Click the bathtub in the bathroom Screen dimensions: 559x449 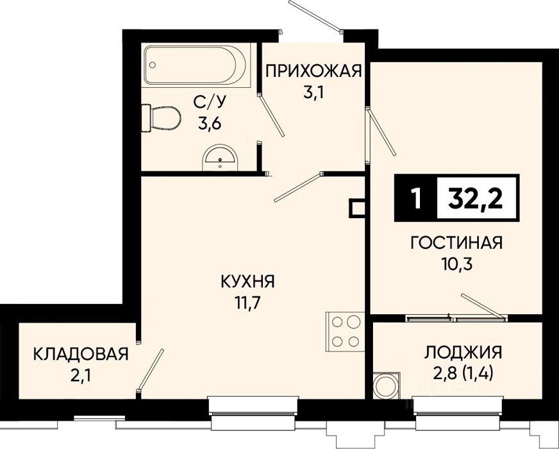tap(196, 65)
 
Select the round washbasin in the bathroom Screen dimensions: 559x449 tap(220, 158)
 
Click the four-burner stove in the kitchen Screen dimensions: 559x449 tap(345, 332)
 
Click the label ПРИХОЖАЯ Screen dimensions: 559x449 tap(313, 71)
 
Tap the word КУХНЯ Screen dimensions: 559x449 tap(248, 282)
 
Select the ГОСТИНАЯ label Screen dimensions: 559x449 tap(456, 243)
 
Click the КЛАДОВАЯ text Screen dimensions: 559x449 tap(81, 354)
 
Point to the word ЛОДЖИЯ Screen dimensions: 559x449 tap(463, 352)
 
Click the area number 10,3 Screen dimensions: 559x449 tap(456, 265)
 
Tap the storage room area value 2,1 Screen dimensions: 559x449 tap(81, 376)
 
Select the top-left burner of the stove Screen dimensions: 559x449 tap(337, 322)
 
